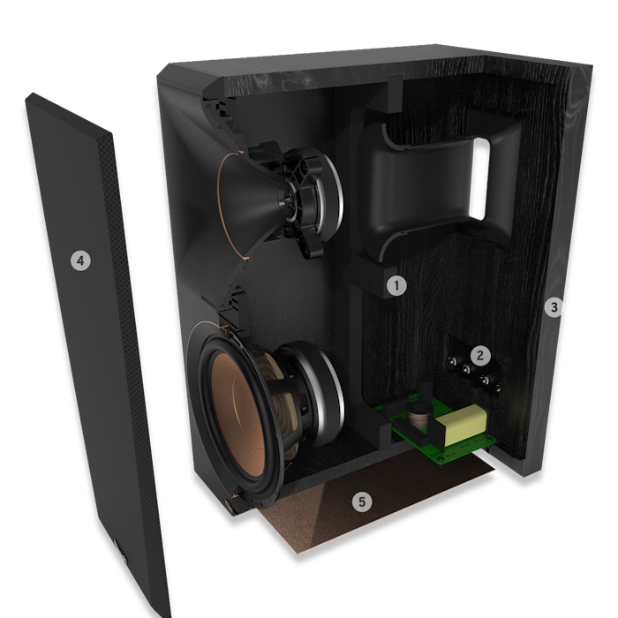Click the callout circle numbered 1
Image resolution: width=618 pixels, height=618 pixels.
point(397,285)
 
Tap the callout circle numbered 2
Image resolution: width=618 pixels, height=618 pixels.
point(479,356)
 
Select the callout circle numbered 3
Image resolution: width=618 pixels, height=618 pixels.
point(554,307)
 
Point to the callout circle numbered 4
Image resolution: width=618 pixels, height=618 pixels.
point(80,260)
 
